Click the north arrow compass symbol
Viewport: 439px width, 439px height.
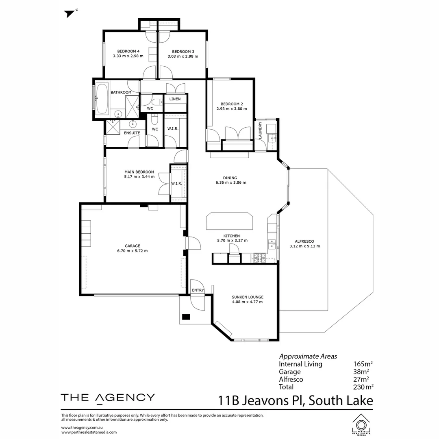coord(70,13)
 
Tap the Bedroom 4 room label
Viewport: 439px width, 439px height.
coord(128,51)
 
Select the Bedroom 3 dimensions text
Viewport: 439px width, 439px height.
coord(183,57)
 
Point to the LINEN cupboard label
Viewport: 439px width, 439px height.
coord(175,99)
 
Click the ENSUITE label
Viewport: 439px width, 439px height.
coord(132,133)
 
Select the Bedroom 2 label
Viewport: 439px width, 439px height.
coord(232,104)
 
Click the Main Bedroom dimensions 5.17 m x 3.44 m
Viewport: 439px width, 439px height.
coord(139,177)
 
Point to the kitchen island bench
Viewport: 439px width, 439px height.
coord(230,222)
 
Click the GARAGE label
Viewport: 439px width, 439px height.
coord(133,246)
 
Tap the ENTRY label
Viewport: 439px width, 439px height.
coord(198,290)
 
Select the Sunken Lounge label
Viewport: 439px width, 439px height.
coord(248,297)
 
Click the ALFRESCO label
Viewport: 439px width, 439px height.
coord(304,241)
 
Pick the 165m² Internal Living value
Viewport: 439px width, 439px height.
coord(361,364)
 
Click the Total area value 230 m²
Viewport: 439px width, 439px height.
coord(363,387)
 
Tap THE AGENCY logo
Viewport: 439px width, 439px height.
coord(108,398)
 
